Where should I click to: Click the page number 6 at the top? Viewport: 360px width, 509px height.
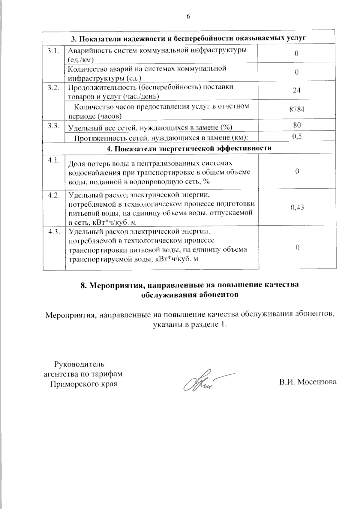pyautogui.click(x=188, y=16)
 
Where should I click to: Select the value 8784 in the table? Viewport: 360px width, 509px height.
pyautogui.click(x=296, y=109)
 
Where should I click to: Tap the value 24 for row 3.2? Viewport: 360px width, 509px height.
pyautogui.click(x=296, y=91)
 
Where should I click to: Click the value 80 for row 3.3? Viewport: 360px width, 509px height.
pyautogui.click(x=296, y=125)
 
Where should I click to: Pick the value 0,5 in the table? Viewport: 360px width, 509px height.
pyautogui.click(x=296, y=136)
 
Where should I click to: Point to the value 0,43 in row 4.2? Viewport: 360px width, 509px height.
pyautogui.click(x=297, y=207)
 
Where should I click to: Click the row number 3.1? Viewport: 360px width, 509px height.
pyautogui.click(x=53, y=51)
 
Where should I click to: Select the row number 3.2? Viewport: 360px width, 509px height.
pyautogui.click(x=53, y=88)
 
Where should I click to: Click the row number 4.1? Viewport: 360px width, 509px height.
pyautogui.click(x=53, y=160)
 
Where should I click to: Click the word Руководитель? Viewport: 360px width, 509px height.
pyautogui.click(x=79, y=365)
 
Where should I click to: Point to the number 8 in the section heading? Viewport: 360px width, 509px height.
pyautogui.click(x=83, y=285)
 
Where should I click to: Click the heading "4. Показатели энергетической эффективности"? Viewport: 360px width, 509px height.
pyautogui.click(x=189, y=148)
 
